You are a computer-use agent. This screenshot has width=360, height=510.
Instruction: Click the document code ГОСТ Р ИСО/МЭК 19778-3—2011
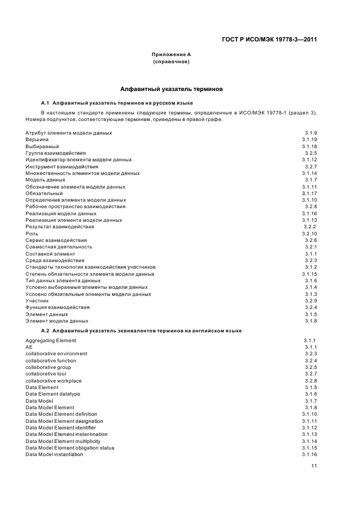pos(270,39)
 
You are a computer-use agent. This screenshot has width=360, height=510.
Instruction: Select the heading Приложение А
pos(171,54)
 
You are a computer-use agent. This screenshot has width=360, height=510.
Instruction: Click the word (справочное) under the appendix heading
pos(171,62)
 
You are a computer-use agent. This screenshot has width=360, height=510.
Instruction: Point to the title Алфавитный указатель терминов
pos(171,88)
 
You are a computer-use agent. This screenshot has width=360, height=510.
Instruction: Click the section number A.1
pos(46,103)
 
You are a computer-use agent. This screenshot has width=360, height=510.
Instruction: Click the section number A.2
pos(46,331)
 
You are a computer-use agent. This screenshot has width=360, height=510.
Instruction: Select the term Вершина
pos(37,140)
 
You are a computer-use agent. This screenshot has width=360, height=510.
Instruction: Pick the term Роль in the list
pos(32,233)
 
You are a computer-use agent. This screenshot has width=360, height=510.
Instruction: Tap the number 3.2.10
pos(310,233)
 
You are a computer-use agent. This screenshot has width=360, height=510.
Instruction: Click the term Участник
pos(37,300)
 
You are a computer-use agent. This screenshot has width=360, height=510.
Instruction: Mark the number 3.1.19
pos(310,140)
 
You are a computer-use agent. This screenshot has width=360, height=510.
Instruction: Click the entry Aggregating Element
pos(51,341)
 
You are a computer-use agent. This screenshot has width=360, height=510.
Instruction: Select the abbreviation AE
pos(29,347)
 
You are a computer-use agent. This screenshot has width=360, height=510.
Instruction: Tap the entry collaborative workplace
pos(53,380)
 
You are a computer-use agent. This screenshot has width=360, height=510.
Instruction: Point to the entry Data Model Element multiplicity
pos(63,441)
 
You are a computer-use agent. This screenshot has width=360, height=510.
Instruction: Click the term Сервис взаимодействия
pos(56,240)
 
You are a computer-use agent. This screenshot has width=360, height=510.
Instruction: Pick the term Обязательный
pos(44,193)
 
